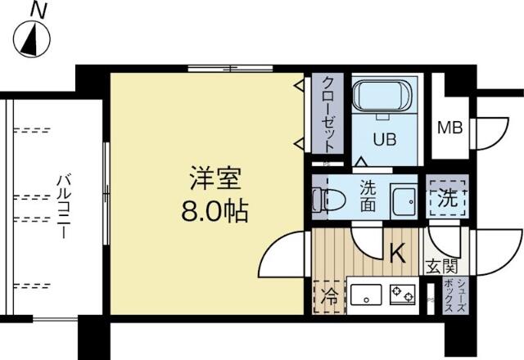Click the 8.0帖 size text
point(215,211)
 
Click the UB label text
point(385,139)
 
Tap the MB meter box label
point(450,128)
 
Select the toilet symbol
point(328,200)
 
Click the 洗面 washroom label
point(368,196)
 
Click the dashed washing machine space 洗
point(448,198)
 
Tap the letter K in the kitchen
point(398,253)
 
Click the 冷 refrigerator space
point(329,297)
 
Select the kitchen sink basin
point(366,295)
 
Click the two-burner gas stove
point(402,295)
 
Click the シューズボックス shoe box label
point(455,295)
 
